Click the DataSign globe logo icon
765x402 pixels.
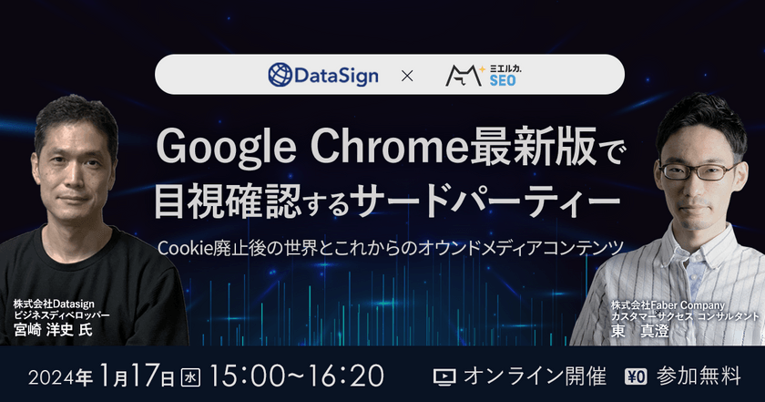point(281,75)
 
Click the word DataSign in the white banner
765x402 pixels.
point(336,76)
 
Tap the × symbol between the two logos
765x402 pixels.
point(407,76)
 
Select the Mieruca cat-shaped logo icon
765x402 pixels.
point(464,76)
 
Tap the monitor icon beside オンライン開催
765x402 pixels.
point(444,376)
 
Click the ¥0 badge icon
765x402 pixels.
point(636,376)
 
